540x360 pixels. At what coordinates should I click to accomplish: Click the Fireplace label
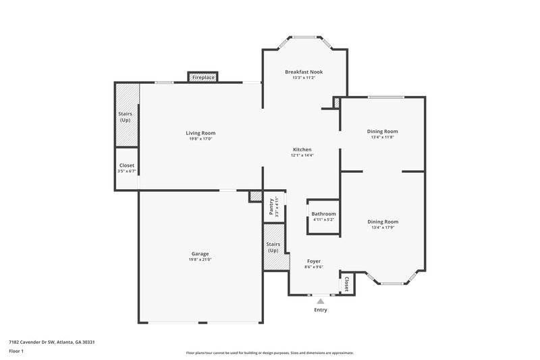203,78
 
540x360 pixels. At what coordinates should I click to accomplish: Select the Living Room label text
200,133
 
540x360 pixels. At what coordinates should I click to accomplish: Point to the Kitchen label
302,149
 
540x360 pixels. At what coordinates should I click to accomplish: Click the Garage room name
200,254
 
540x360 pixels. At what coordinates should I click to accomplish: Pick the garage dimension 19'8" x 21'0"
200,260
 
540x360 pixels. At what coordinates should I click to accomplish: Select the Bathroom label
323,214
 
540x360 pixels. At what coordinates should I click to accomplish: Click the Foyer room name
313,261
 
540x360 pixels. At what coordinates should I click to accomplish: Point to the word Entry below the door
321,310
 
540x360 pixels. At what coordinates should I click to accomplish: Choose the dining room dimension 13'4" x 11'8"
382,137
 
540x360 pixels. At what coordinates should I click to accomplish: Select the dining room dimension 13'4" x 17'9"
382,228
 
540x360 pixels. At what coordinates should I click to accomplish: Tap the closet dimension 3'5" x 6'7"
127,172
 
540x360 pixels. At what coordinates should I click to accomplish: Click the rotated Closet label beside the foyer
347,283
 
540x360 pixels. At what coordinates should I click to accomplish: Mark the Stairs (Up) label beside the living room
126,117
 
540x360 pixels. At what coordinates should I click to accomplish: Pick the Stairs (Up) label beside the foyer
273,247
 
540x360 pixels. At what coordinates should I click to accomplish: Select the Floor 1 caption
16,352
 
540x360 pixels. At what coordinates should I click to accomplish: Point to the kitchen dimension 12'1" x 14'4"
302,155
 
